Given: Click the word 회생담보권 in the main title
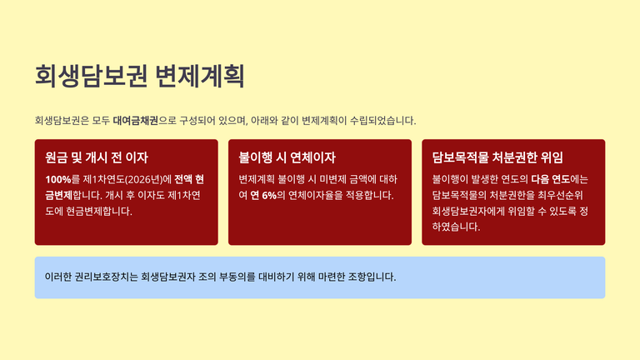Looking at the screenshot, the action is (91, 76).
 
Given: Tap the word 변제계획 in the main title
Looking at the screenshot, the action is (200, 76).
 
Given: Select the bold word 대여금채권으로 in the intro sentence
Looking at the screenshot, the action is (145, 121).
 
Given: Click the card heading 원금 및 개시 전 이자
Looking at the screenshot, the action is (97, 157).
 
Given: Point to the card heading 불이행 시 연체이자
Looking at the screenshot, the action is (287, 157).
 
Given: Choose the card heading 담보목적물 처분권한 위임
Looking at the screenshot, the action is (497, 157).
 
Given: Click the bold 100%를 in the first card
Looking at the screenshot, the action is (62, 180).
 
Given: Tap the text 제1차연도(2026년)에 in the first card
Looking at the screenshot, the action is (127, 180).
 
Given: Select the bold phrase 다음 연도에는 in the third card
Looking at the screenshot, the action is (560, 180).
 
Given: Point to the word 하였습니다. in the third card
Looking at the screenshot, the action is (456, 227).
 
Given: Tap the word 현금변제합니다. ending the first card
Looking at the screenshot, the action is (99, 212).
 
